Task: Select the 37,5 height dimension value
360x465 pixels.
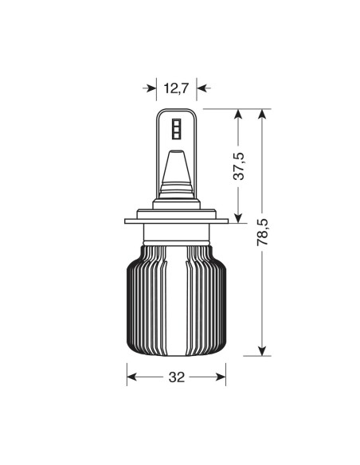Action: (237, 166)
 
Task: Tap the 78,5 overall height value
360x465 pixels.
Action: (264, 232)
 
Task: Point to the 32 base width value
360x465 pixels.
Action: (177, 377)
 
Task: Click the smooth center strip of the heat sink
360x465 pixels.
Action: (177, 303)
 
